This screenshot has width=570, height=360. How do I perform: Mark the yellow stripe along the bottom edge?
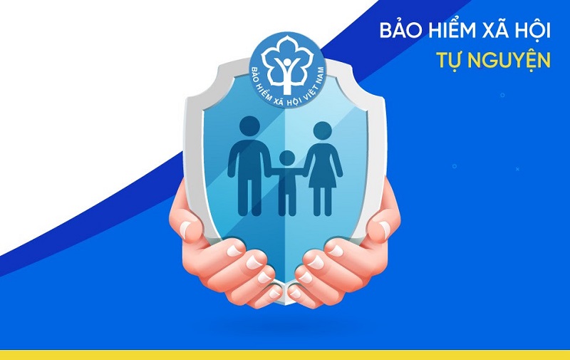tap(285, 354)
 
